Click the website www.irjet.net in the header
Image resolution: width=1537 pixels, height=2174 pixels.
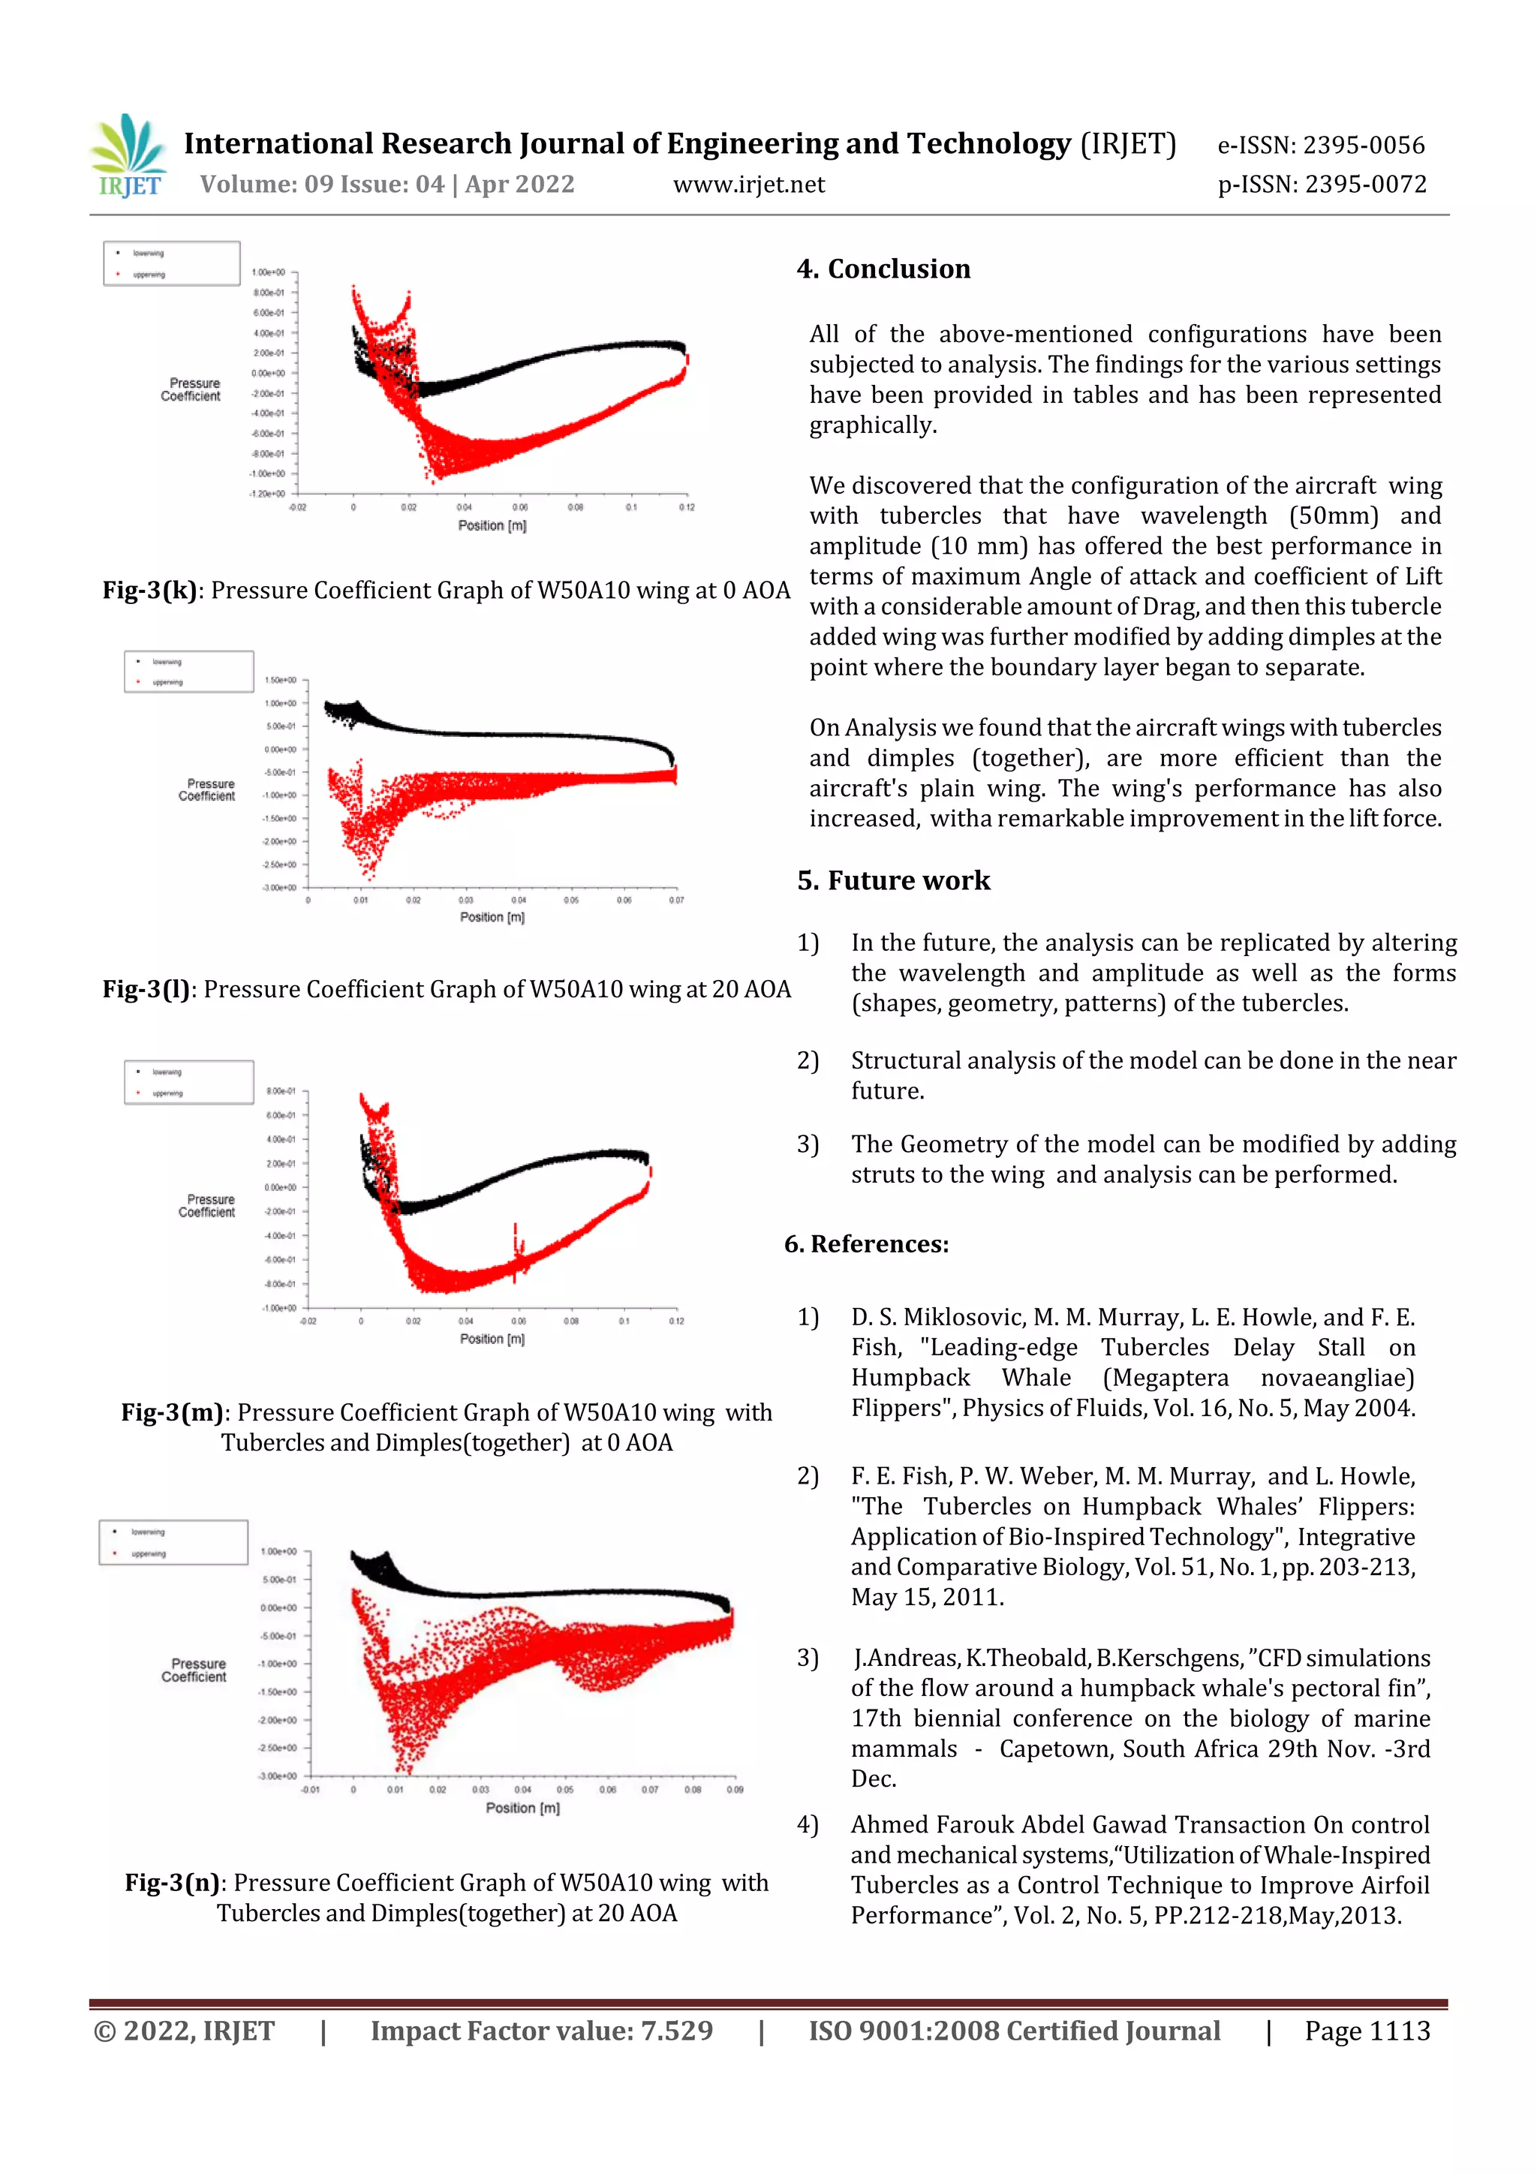coord(748,185)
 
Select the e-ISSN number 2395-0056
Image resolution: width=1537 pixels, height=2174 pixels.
coord(1364,145)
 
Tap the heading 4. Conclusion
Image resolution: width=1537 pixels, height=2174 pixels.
coord(883,269)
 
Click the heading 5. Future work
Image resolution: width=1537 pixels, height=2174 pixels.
coord(893,880)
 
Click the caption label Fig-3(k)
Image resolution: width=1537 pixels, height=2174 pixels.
coord(149,590)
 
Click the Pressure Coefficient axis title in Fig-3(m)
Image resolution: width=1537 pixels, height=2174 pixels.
coord(206,1205)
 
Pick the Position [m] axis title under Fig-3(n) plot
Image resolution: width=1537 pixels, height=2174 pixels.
coord(523,1808)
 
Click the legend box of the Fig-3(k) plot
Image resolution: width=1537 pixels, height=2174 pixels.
coord(171,263)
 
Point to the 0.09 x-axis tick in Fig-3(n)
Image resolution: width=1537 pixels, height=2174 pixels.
coord(735,1790)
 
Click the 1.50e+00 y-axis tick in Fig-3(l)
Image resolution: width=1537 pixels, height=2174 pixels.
coord(281,680)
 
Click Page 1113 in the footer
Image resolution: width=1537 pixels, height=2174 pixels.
coord(1367,2030)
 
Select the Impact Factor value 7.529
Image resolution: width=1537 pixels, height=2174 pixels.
coord(676,2030)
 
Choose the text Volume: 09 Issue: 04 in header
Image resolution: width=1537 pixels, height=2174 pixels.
coord(322,185)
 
